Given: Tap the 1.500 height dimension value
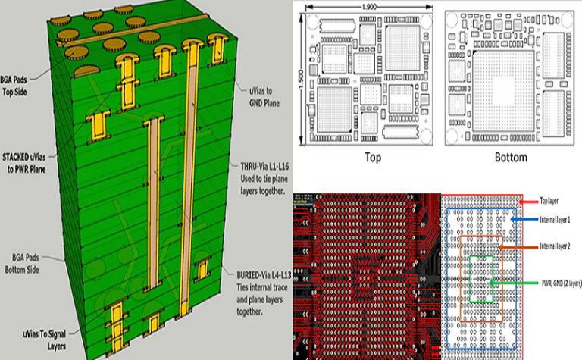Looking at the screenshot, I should [296, 77].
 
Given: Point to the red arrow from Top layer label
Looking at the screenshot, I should [530, 202].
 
